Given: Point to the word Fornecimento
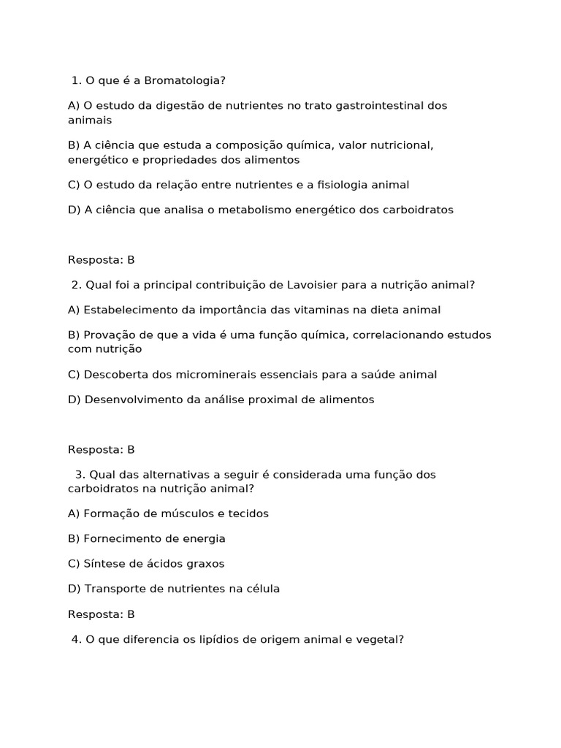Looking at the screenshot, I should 121,538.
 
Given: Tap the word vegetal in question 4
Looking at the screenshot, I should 381,639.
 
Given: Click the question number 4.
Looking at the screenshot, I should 76,639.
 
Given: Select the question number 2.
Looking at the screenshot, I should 76,285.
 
